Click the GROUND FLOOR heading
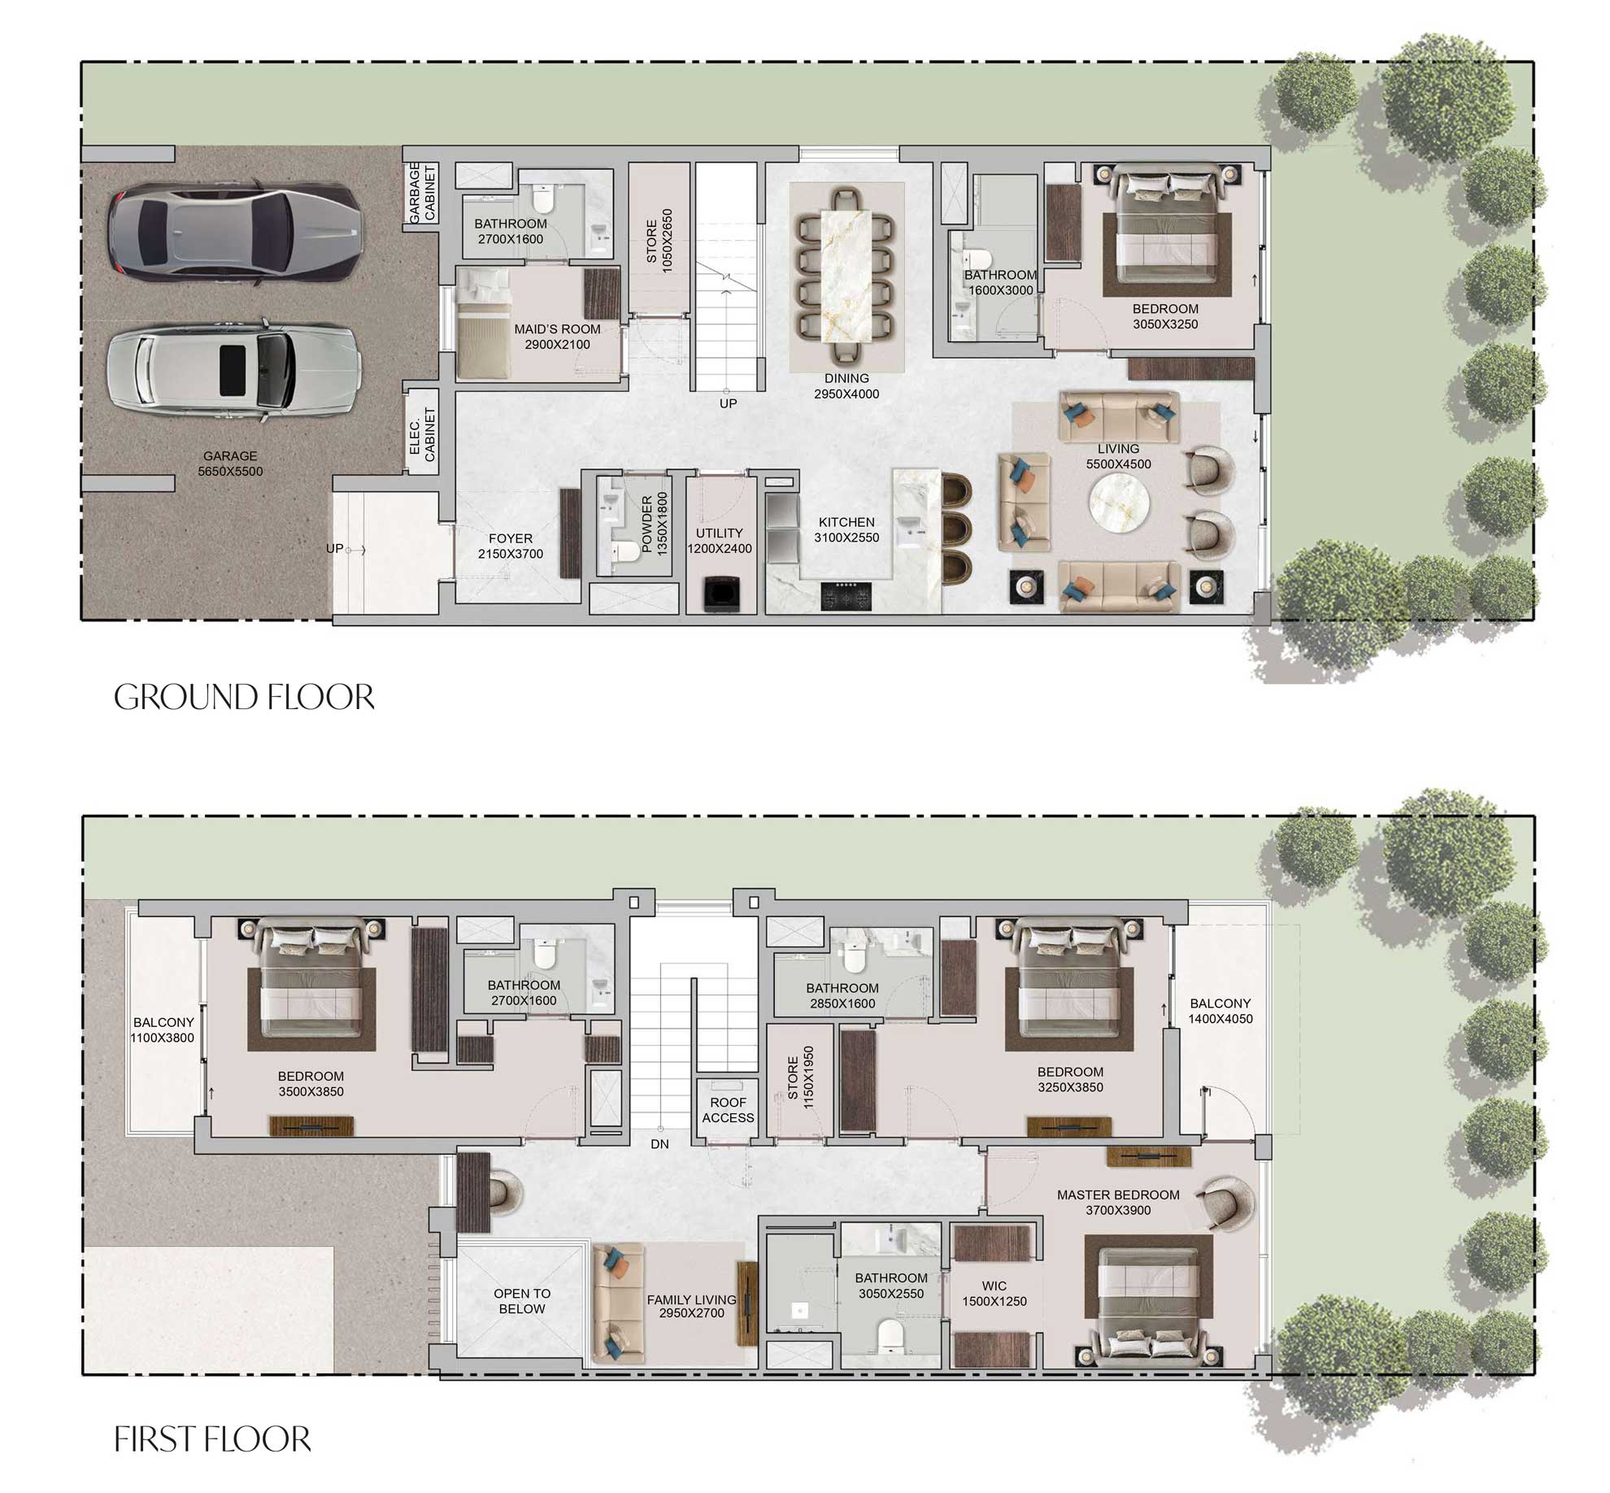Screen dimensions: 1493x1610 [244, 698]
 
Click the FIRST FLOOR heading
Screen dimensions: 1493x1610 [212, 1439]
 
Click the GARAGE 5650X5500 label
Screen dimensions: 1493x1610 [230, 464]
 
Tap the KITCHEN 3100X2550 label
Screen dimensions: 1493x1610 [846, 529]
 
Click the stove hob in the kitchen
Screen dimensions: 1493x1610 [846, 595]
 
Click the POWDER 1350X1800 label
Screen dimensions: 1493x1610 [654, 525]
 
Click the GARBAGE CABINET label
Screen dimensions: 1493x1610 [422, 192]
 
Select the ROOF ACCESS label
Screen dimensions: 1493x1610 [728, 1110]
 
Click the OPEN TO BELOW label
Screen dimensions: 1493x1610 [522, 1300]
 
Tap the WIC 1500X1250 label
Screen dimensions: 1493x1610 [994, 1293]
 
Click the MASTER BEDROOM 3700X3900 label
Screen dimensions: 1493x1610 [1118, 1202]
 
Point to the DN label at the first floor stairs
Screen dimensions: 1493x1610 [659, 1144]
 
